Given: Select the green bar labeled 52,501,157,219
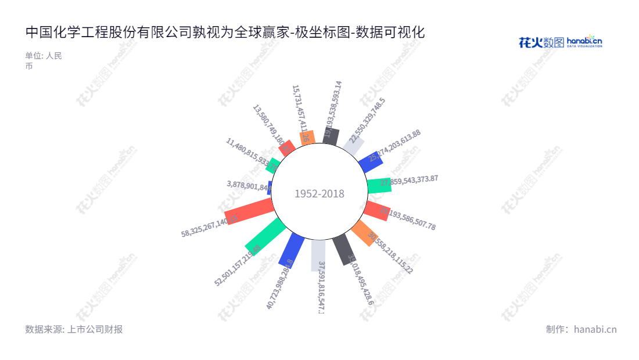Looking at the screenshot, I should click(x=265, y=237).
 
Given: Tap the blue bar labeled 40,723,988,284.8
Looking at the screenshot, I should click(x=292, y=251).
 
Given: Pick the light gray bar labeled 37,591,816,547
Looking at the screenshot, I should click(x=318, y=255).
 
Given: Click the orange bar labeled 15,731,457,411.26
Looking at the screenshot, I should click(x=307, y=137).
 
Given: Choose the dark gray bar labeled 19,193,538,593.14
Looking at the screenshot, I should click(x=331, y=136).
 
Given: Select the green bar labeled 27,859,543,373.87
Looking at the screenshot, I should click(x=379, y=185).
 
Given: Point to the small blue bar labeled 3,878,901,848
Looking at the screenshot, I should click(x=270, y=188).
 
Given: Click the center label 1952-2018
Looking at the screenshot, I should click(x=319, y=194).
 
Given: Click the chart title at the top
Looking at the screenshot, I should click(x=225, y=33).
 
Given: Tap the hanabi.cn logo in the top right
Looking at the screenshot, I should click(x=560, y=42).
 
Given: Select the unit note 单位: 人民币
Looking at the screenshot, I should click(x=44, y=61).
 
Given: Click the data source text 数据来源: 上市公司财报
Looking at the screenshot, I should click(x=74, y=329).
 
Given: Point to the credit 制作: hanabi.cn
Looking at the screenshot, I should click(x=581, y=329).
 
